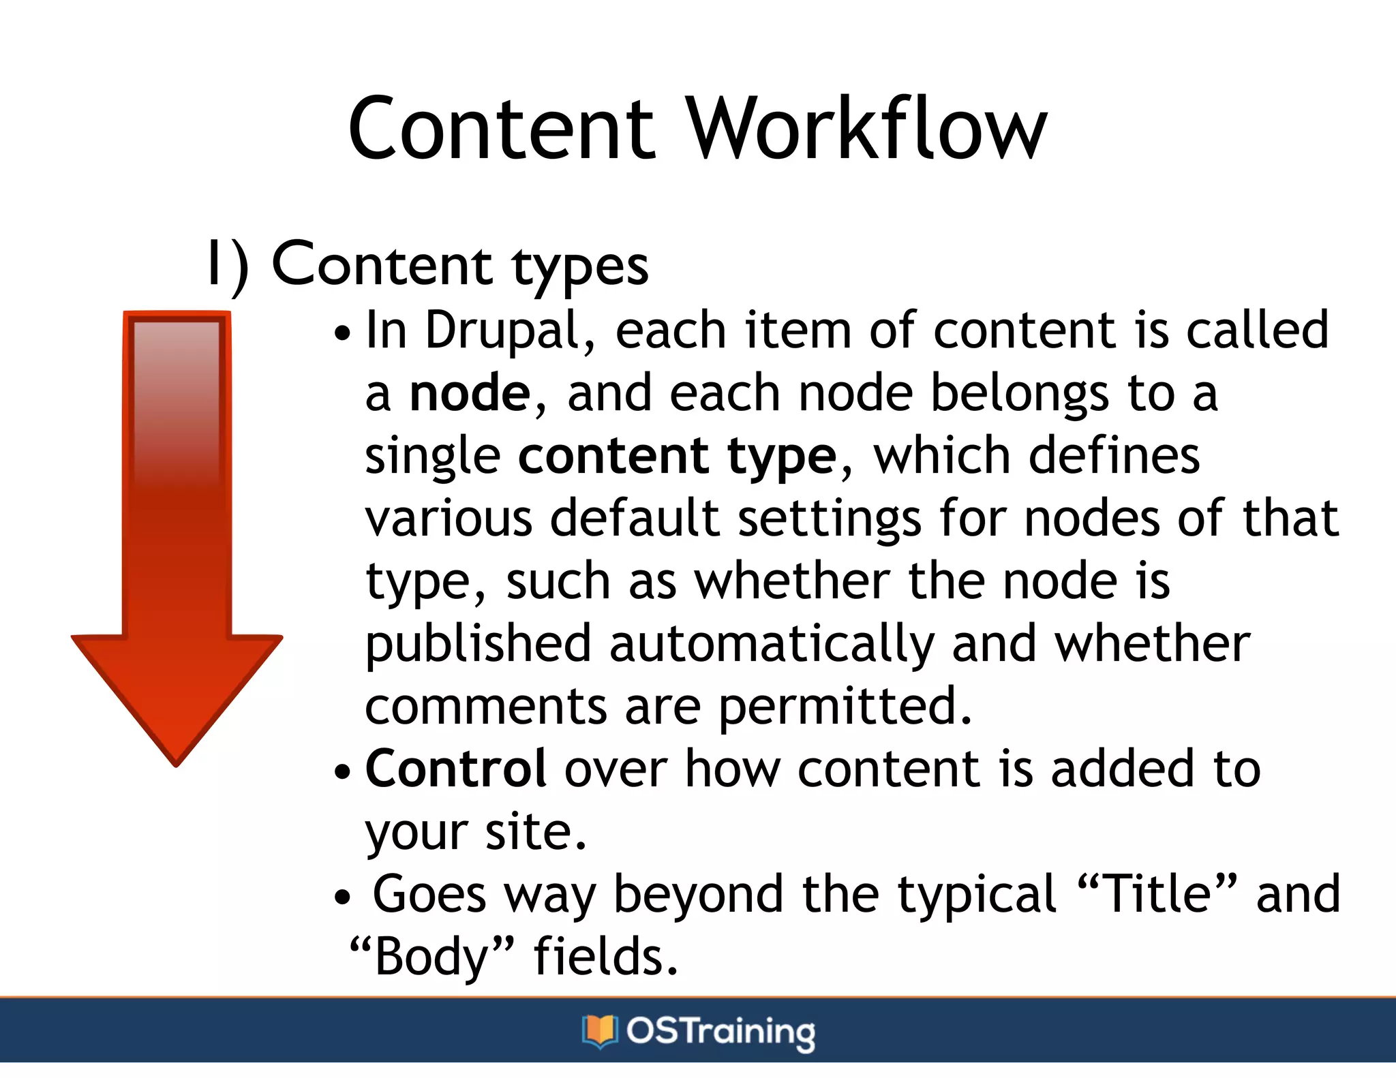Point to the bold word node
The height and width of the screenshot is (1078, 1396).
click(x=470, y=394)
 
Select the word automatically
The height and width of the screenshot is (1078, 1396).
click(x=772, y=645)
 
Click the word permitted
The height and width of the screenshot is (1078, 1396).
click(x=845, y=707)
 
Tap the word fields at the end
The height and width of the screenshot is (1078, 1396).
click(x=605, y=957)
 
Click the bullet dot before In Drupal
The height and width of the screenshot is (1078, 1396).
click(x=342, y=335)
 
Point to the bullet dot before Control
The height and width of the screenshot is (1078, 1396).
click(x=342, y=773)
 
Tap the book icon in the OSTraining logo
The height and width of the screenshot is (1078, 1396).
click(x=599, y=1031)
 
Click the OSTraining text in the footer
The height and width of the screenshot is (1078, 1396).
click(x=720, y=1032)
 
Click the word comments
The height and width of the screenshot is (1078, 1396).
click(x=485, y=707)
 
